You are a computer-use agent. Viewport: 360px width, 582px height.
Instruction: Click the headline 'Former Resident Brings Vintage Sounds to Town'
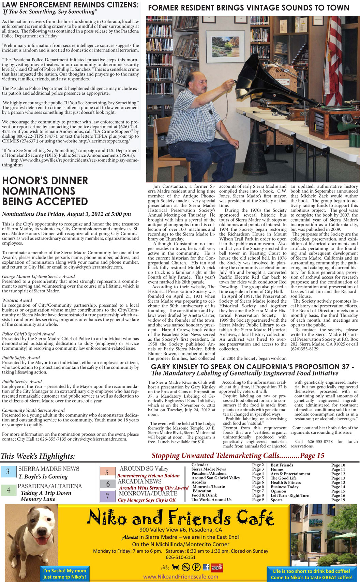click(x=249, y=7)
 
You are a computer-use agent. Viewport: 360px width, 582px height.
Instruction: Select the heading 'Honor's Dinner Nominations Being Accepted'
click(x=45, y=191)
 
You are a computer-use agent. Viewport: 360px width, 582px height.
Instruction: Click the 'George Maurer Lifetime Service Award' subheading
click(x=39, y=277)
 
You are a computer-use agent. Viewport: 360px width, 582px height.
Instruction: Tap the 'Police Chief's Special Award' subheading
click(x=28, y=334)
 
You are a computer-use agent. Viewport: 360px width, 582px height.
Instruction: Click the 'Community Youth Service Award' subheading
click(x=33, y=410)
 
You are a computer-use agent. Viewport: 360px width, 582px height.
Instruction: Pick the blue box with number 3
click(x=8, y=472)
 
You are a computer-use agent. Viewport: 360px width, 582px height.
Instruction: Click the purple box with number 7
click(x=107, y=496)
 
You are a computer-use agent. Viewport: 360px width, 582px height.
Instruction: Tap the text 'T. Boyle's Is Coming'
click(x=43, y=477)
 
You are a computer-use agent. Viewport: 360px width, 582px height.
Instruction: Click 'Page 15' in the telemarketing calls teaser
click(x=312, y=456)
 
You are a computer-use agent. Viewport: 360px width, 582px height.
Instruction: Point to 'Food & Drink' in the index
click(x=204, y=495)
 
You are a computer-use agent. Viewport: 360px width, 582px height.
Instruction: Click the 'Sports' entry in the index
click(x=276, y=500)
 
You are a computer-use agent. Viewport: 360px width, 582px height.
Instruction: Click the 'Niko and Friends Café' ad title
click(x=180, y=518)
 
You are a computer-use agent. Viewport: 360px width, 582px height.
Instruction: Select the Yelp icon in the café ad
click(x=216, y=567)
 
